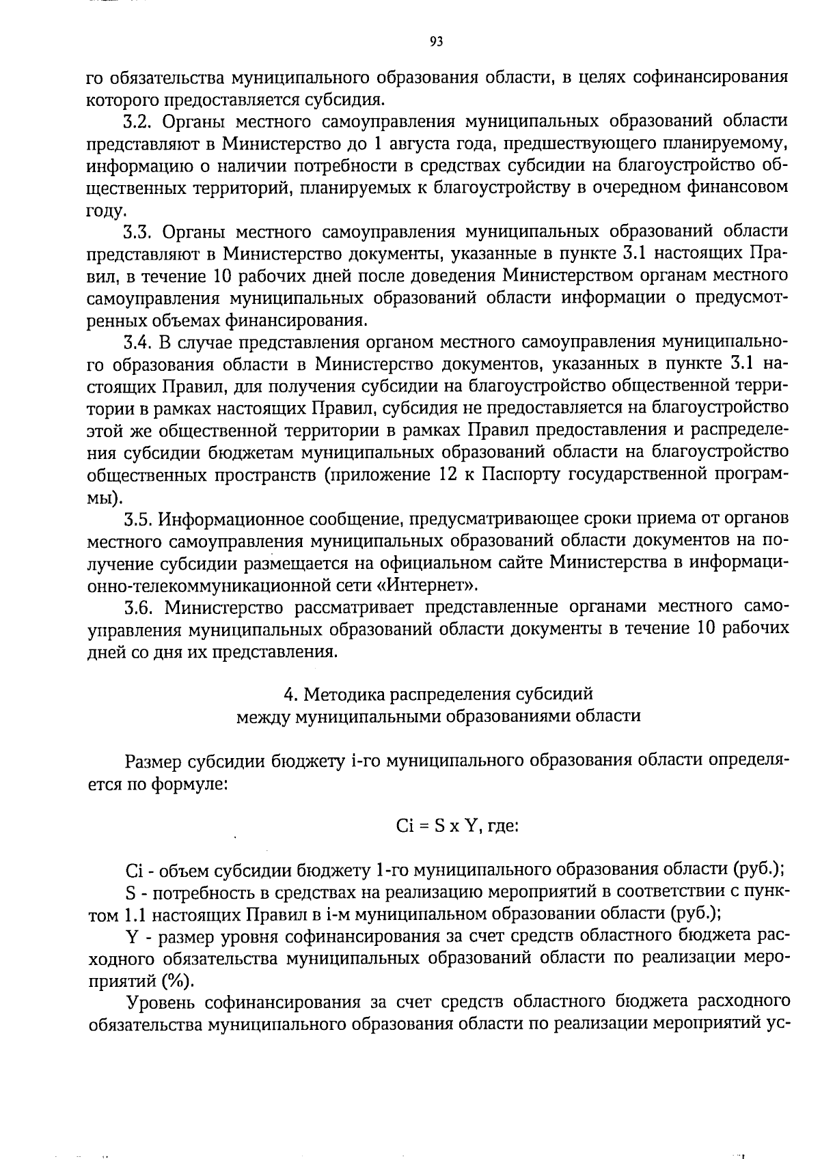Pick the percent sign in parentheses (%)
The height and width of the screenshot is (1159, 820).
(178, 981)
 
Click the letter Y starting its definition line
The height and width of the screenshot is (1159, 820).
(132, 936)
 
